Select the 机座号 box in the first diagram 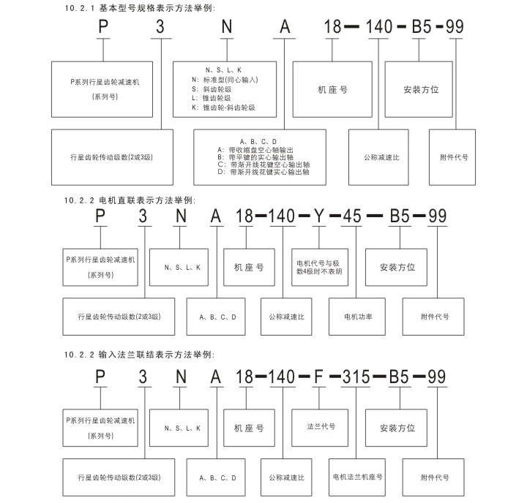pos(332,89)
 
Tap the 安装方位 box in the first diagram pos(420,89)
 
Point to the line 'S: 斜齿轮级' pos(212,88)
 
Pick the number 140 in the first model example pos(379,27)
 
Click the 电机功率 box pos(358,317)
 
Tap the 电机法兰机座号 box pos(357,477)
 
